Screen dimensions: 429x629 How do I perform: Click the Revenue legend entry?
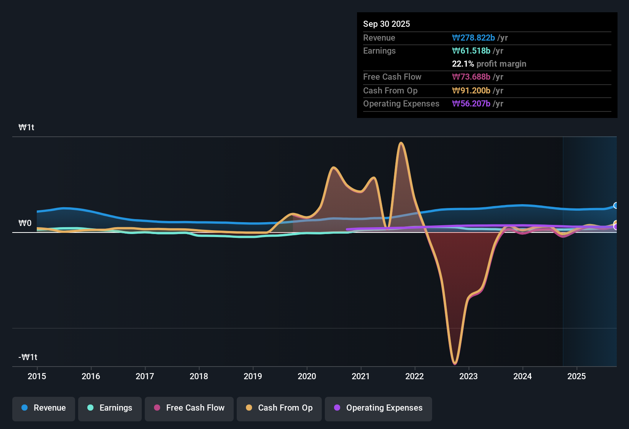coord(44,408)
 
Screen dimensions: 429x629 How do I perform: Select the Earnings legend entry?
coord(110,408)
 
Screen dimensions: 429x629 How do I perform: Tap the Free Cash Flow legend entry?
coord(189,408)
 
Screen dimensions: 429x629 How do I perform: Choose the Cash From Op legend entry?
coord(279,408)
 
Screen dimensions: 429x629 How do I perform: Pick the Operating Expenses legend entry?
coord(378,408)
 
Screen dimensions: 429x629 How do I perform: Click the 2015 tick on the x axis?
coord(37,376)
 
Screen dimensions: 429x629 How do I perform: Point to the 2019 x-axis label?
coord(253,376)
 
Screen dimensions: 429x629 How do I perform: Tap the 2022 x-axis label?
coord(414,376)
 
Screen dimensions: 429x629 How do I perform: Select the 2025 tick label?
coord(577,376)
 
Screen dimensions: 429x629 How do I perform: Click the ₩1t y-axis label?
coord(26,128)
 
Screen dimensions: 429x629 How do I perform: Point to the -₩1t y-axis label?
coord(28,357)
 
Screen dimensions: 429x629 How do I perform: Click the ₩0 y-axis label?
coord(25,223)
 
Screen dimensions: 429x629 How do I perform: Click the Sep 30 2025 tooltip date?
coord(387,24)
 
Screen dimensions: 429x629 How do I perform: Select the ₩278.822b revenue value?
coord(473,38)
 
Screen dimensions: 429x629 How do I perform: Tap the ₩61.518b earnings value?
coord(471,51)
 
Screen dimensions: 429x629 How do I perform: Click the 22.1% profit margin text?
coord(489,64)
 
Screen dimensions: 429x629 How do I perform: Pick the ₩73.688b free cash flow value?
coord(471,77)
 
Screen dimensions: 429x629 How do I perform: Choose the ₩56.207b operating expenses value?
coord(471,104)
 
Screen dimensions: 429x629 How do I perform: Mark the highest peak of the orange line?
coord(401,143)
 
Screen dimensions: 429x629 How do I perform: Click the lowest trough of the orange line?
coord(455,363)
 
